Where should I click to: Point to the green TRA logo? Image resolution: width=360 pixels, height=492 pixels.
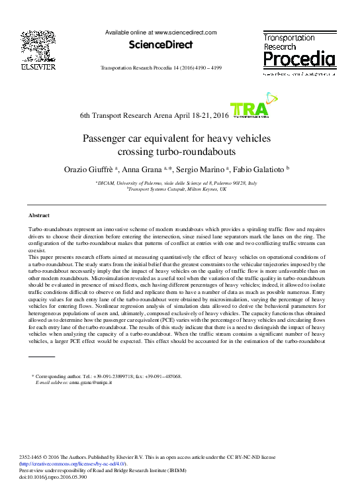click(249, 110)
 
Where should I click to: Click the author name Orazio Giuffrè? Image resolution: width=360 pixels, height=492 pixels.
click(95, 170)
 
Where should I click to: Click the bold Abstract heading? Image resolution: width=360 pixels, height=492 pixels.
click(39, 216)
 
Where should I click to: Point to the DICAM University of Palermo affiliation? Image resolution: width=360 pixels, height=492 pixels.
click(176, 182)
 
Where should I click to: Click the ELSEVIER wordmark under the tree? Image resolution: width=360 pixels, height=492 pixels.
click(38, 67)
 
